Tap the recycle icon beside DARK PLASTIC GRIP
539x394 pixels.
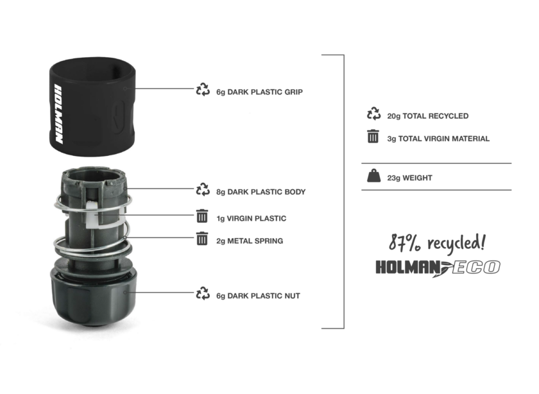203,90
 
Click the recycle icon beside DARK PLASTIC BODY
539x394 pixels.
203,190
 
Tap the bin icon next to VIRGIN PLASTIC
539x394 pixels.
202,217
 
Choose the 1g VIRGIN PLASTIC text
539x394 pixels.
251,219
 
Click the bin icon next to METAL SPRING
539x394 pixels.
202,239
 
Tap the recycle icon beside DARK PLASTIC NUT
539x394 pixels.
203,294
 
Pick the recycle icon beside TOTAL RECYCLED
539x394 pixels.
373,114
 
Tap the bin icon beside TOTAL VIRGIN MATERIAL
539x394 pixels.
373,137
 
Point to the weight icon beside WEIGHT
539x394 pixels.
373,176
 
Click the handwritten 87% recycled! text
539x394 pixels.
438,243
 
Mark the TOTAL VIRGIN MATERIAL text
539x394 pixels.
438,139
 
